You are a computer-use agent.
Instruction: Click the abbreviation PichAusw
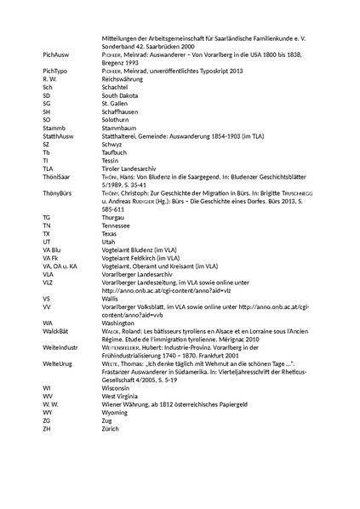(56, 53)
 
